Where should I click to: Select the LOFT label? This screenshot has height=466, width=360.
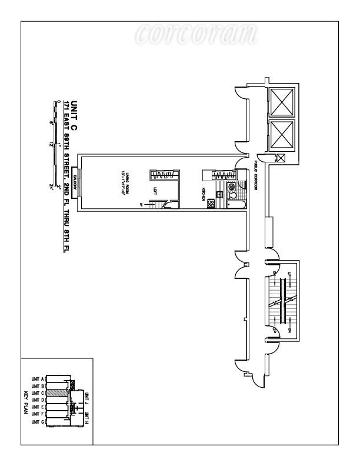[x=155, y=191]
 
